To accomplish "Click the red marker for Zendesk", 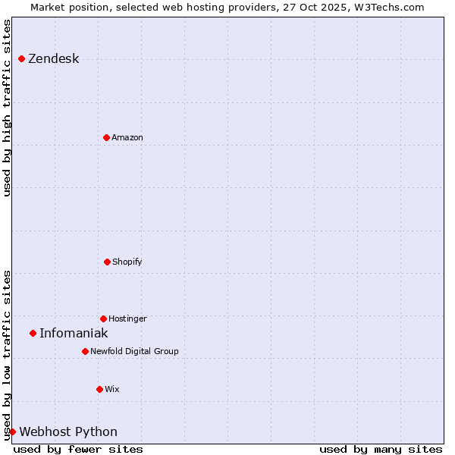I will point(21,59).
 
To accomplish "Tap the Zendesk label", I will point(53,59).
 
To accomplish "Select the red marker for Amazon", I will point(106,137).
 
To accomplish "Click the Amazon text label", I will point(127,137).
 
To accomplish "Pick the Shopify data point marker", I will point(107,262).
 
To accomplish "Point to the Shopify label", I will point(127,262).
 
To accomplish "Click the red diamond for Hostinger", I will point(103,318).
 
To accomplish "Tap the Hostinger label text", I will point(127,318).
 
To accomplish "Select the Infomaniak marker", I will point(33,333).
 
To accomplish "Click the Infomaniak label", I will point(74,333).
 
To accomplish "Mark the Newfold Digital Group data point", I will point(85,351).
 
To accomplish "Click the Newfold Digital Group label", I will point(134,351).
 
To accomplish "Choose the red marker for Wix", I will point(99,389).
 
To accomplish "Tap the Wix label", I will point(111,389).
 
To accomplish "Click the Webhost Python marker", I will point(12,431).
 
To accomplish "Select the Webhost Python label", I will point(68,431).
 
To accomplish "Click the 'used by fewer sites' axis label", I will point(78,449).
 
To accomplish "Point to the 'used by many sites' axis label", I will point(381,449).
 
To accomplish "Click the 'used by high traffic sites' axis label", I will point(7,108).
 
